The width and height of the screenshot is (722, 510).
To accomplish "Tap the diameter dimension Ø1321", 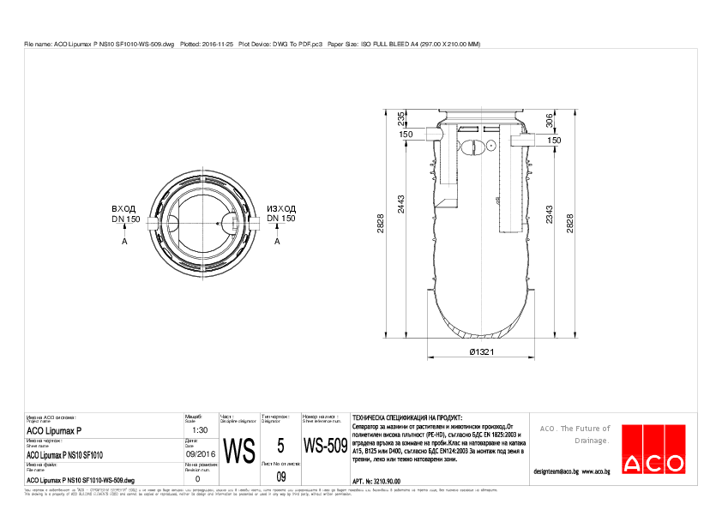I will (484, 351).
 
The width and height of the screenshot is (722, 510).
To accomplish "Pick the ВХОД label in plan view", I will (124, 208).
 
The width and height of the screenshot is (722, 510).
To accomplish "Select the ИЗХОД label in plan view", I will (281, 208).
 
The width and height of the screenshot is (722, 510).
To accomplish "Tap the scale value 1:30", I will (198, 430).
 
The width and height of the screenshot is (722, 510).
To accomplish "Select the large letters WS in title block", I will (239, 450).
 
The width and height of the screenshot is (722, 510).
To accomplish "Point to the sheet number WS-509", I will (325, 447).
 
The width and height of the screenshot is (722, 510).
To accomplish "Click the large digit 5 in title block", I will (280, 446).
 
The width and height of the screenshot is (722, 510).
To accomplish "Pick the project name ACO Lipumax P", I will (54, 430).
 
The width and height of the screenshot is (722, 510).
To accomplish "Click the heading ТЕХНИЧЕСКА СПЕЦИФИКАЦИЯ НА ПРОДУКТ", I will (401, 416).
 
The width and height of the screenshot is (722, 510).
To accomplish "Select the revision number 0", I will (198, 479).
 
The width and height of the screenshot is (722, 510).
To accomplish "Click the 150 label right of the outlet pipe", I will (554, 140).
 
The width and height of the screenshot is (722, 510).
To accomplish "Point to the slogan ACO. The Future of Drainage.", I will (573, 434).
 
